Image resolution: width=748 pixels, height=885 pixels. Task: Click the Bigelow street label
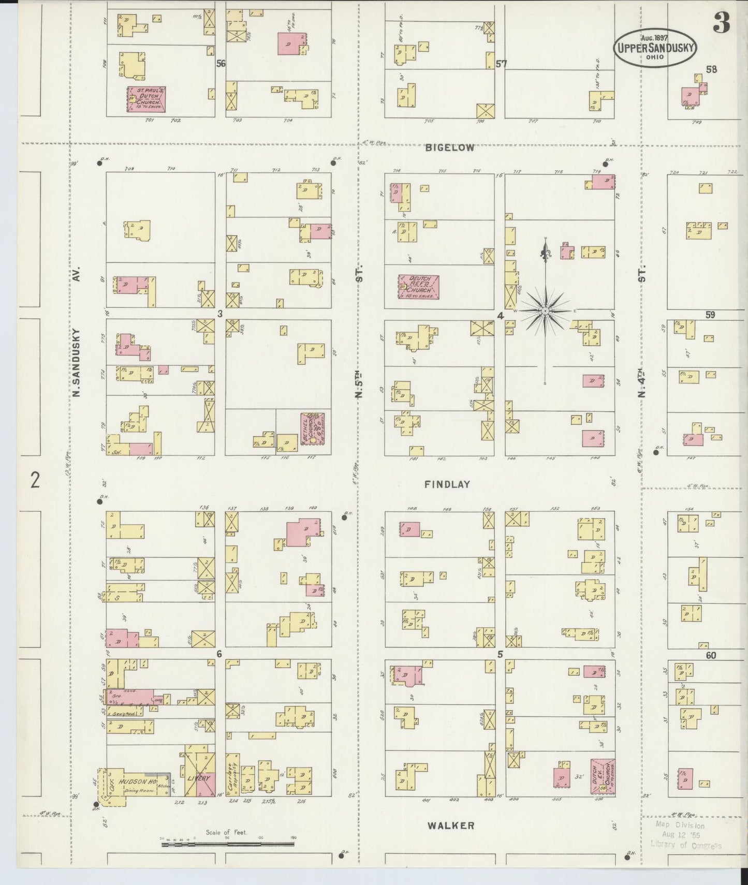tap(449, 148)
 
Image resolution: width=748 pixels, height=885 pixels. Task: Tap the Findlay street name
tap(447, 484)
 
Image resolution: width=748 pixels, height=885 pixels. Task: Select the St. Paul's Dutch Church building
tap(146, 99)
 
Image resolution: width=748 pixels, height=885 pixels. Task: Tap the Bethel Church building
tap(313, 427)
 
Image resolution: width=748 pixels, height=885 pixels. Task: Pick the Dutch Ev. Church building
tap(602, 777)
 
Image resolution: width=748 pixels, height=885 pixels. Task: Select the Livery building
tap(200, 778)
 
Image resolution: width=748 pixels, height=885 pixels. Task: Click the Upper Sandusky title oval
tap(655, 47)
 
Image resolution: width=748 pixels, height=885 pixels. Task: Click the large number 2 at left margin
tap(35, 480)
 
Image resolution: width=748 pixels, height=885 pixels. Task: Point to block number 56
tap(221, 64)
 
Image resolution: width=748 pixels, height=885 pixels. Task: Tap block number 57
tap(501, 64)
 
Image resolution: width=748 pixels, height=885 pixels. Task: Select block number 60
tap(710, 655)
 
